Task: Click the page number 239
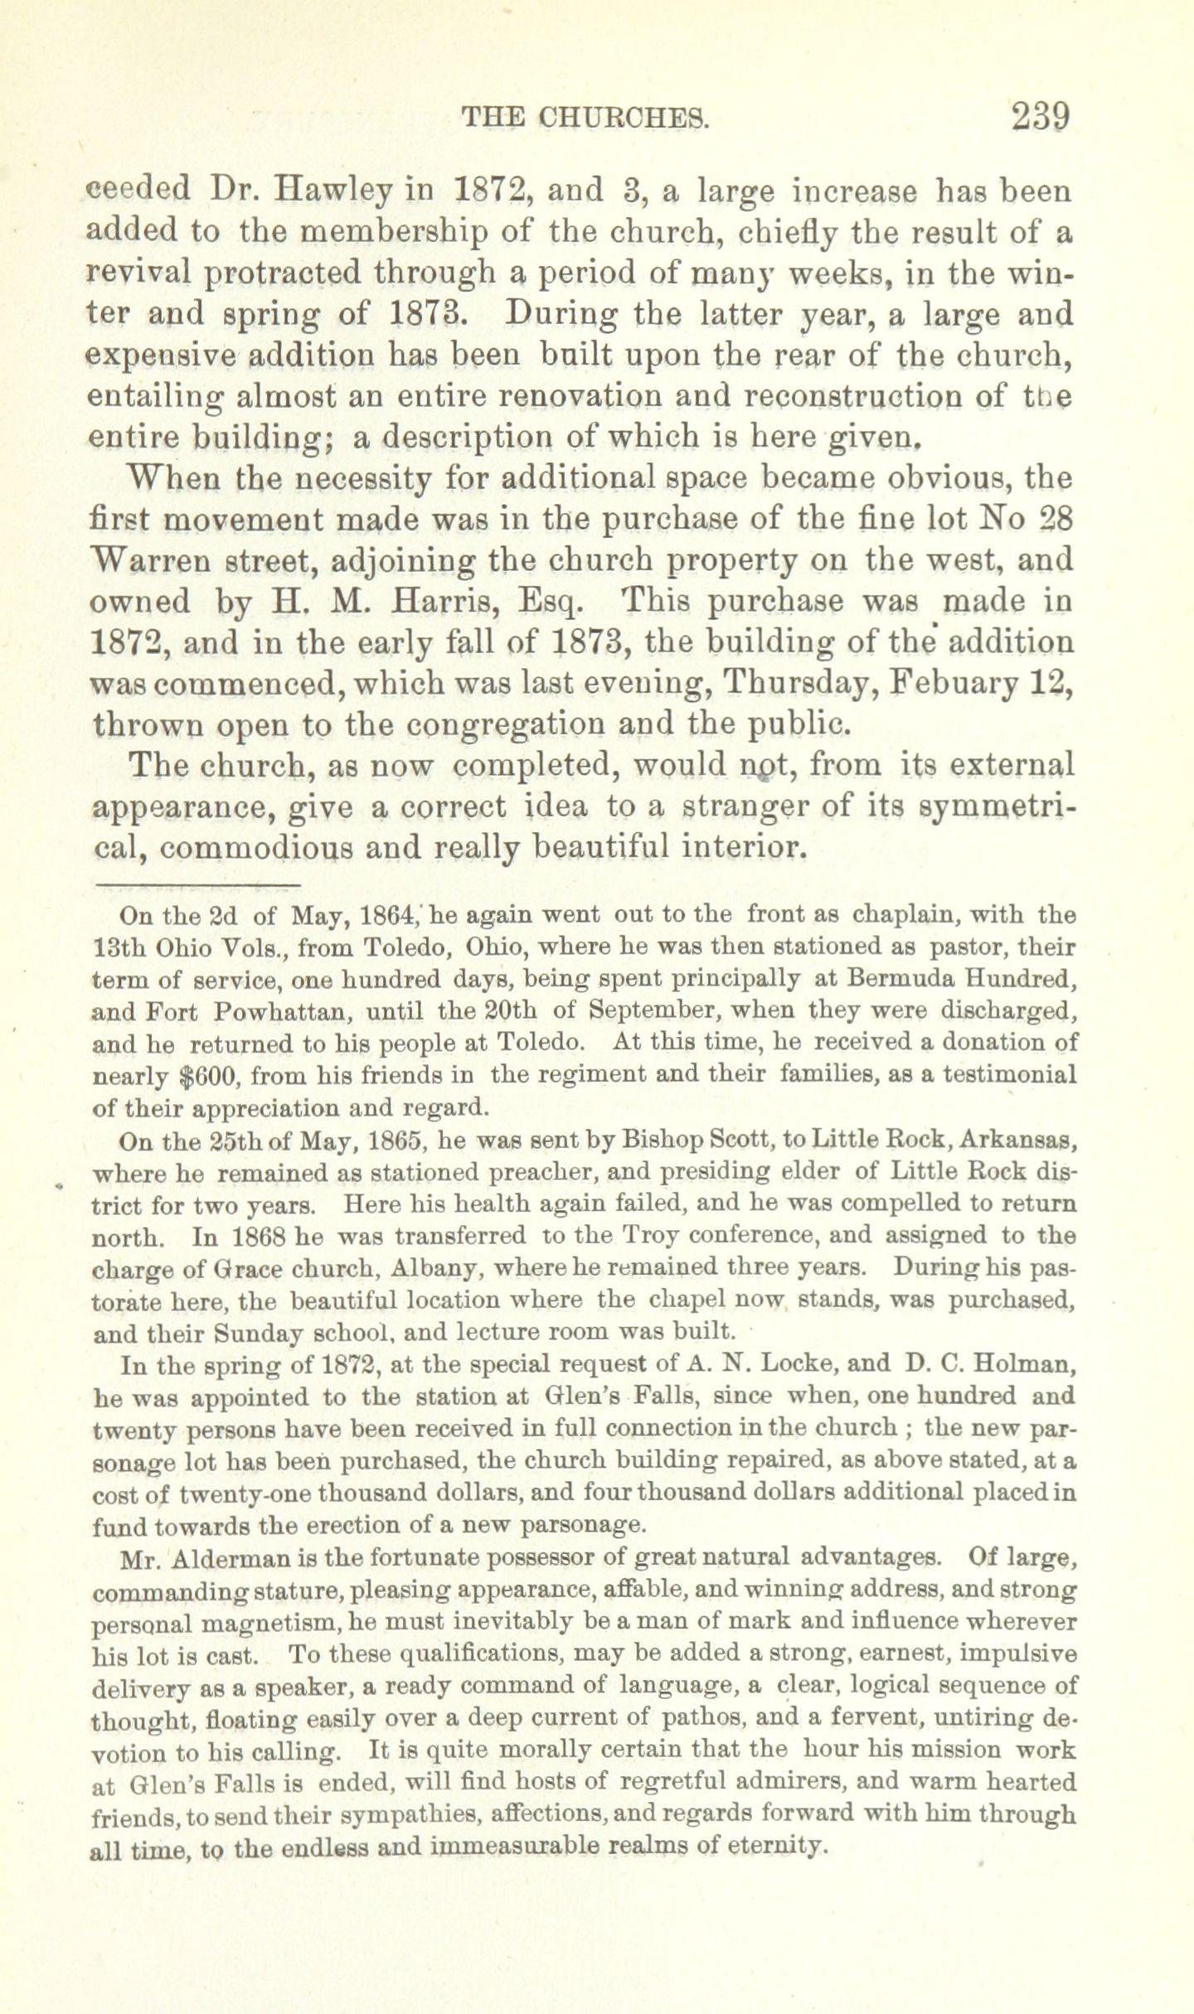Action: pyautogui.click(x=1041, y=118)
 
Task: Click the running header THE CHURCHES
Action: pyautogui.click(x=586, y=119)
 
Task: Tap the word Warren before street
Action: pyautogui.click(x=147, y=559)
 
